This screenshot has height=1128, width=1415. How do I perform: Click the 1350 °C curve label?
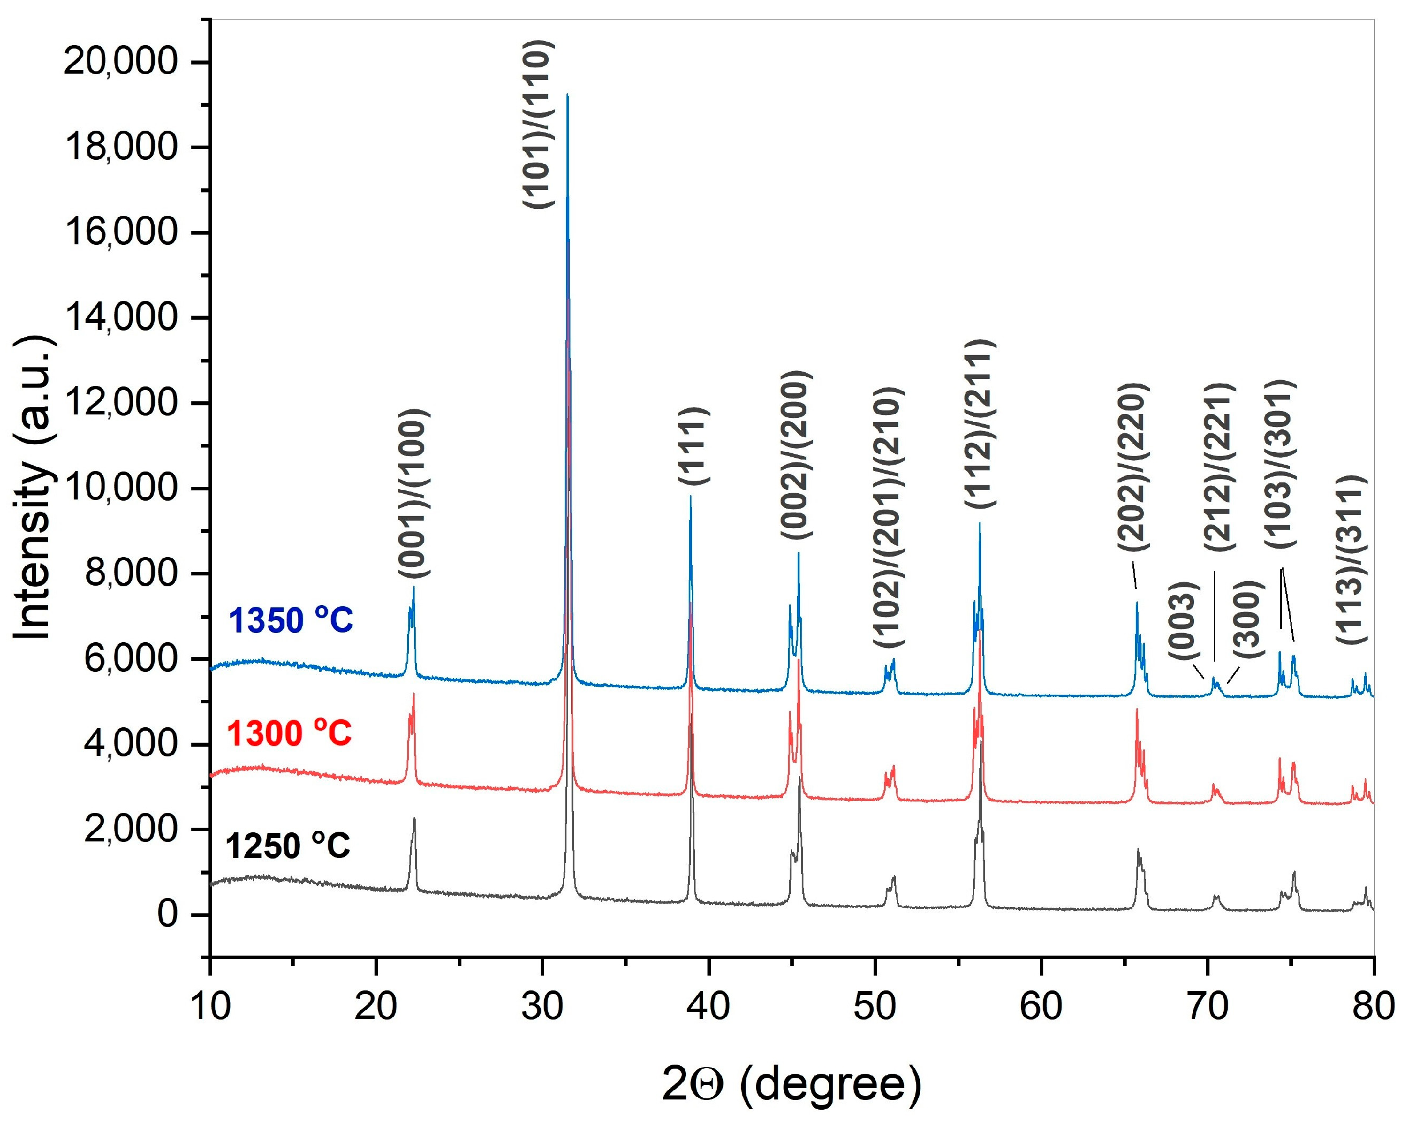point(291,621)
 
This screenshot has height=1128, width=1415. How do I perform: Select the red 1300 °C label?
point(290,734)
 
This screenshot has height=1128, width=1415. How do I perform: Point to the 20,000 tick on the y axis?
point(120,62)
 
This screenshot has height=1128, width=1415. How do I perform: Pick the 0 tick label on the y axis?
point(167,914)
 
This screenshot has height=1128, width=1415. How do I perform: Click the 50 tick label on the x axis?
point(874,1006)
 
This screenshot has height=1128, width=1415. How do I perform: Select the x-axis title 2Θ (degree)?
point(791,1084)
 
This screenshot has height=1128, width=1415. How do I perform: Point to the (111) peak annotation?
point(694,446)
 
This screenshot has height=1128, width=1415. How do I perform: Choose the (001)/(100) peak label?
point(414,493)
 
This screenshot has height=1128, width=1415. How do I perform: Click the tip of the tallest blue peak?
point(567,95)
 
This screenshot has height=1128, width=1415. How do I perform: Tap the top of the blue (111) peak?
point(690,497)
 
